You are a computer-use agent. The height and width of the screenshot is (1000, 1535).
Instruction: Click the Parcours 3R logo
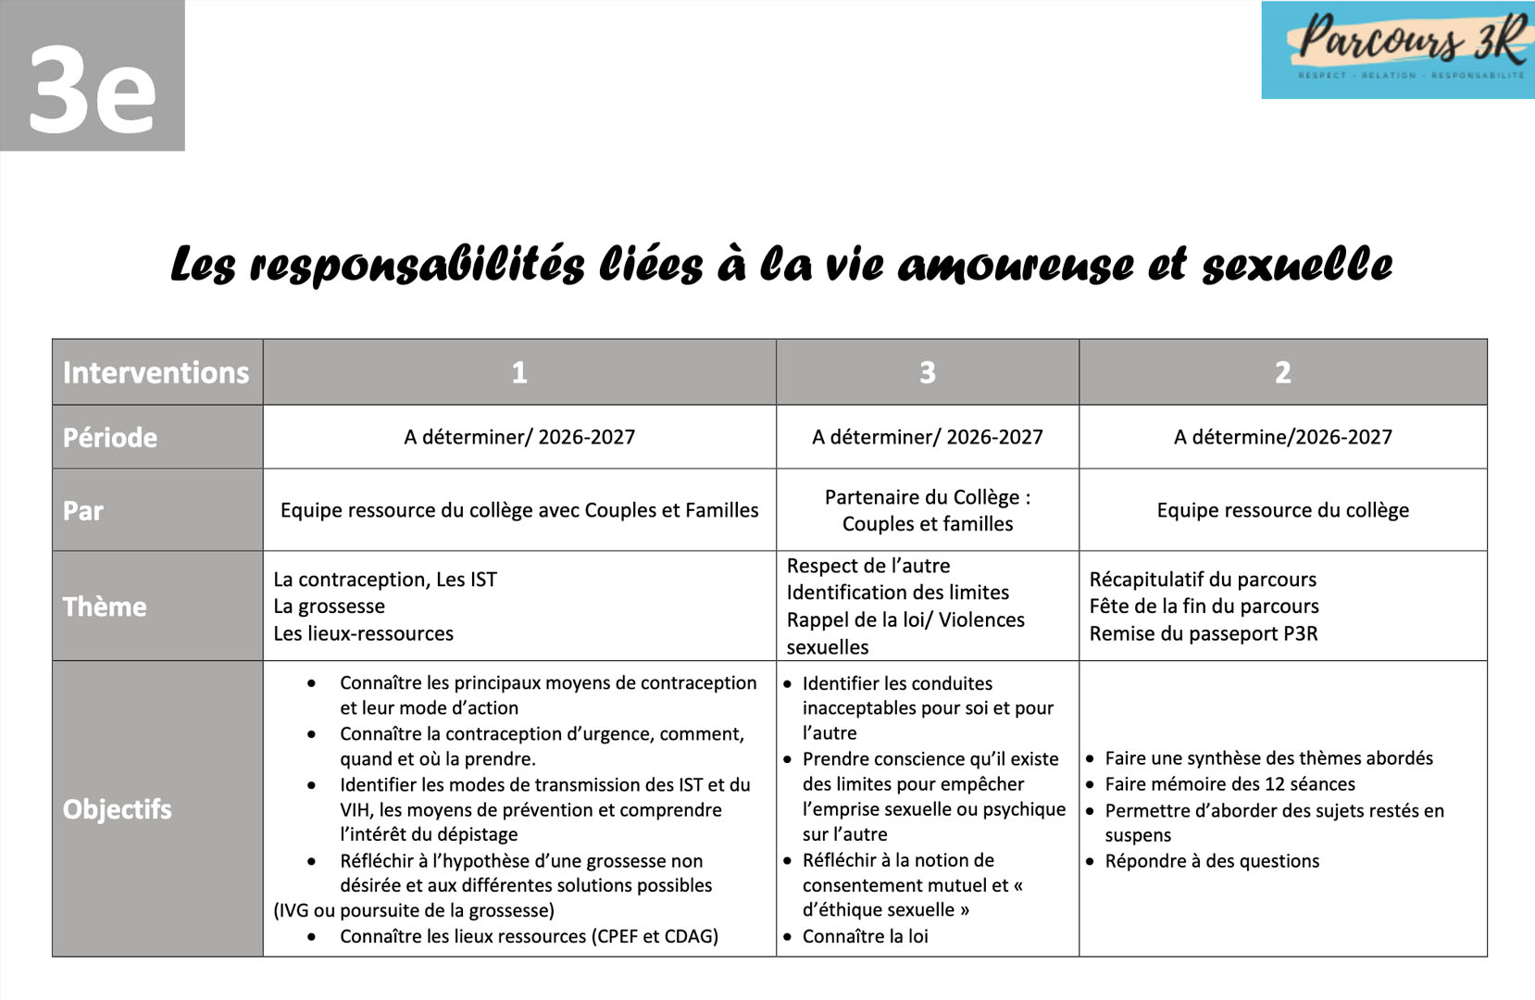pyautogui.click(x=1398, y=50)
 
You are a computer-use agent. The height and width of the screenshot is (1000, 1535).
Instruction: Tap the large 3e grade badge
pyautogui.click(x=92, y=76)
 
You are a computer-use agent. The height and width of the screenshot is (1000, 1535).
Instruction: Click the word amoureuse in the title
pyautogui.click(x=1015, y=265)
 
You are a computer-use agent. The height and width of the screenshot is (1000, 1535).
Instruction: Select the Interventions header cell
pyautogui.click(x=156, y=372)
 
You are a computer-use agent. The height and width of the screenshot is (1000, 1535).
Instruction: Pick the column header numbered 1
pyautogui.click(x=519, y=372)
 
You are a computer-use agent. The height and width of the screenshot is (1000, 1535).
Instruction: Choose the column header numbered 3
pyautogui.click(x=927, y=372)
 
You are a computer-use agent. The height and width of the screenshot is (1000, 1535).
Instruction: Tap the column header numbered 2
pyautogui.click(x=1282, y=372)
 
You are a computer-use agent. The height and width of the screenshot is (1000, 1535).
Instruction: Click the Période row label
pyautogui.click(x=110, y=437)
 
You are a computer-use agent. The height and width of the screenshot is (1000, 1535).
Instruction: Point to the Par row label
pyautogui.click(x=83, y=510)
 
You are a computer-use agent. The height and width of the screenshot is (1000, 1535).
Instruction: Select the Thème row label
pyautogui.click(x=105, y=606)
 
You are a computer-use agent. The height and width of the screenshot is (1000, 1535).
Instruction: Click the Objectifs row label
pyautogui.click(x=118, y=809)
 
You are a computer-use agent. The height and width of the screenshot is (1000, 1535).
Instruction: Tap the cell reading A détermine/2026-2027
pyautogui.click(x=1282, y=437)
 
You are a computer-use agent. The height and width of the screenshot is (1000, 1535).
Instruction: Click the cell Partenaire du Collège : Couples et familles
pyautogui.click(x=927, y=510)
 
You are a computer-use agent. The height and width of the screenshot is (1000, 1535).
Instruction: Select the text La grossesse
pyautogui.click(x=329, y=606)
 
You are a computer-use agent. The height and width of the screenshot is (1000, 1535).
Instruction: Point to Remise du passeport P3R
pyautogui.click(x=1203, y=634)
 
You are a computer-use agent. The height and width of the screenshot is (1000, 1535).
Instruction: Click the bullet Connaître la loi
pyautogui.click(x=865, y=936)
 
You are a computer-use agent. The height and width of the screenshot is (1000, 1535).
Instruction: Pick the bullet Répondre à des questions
pyautogui.click(x=1211, y=861)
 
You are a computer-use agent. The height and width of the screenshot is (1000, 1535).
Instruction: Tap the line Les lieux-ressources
pyautogui.click(x=363, y=634)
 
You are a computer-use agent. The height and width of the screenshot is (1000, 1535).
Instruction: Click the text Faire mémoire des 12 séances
pyautogui.click(x=1229, y=784)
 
